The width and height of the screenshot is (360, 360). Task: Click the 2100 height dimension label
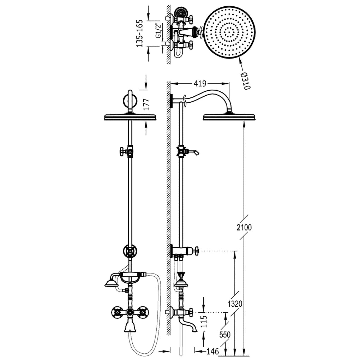pos(244,227)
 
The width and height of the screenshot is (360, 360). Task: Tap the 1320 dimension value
pos(235,304)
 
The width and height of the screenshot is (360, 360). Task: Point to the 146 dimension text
pos(212,351)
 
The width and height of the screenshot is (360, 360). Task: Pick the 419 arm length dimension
pos(200,84)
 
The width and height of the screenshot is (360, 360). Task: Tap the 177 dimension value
pos(146,104)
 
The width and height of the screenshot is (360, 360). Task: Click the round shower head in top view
pos(230,31)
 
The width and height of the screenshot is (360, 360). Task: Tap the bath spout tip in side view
pos(196,331)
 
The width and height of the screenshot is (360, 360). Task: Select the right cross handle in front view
pos(143,312)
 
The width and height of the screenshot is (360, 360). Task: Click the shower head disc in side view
pos(229,117)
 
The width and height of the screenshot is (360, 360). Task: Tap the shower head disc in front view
pos(130,117)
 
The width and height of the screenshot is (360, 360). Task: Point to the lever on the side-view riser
pos(194,152)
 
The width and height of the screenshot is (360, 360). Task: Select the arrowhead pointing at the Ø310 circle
pos(240,60)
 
